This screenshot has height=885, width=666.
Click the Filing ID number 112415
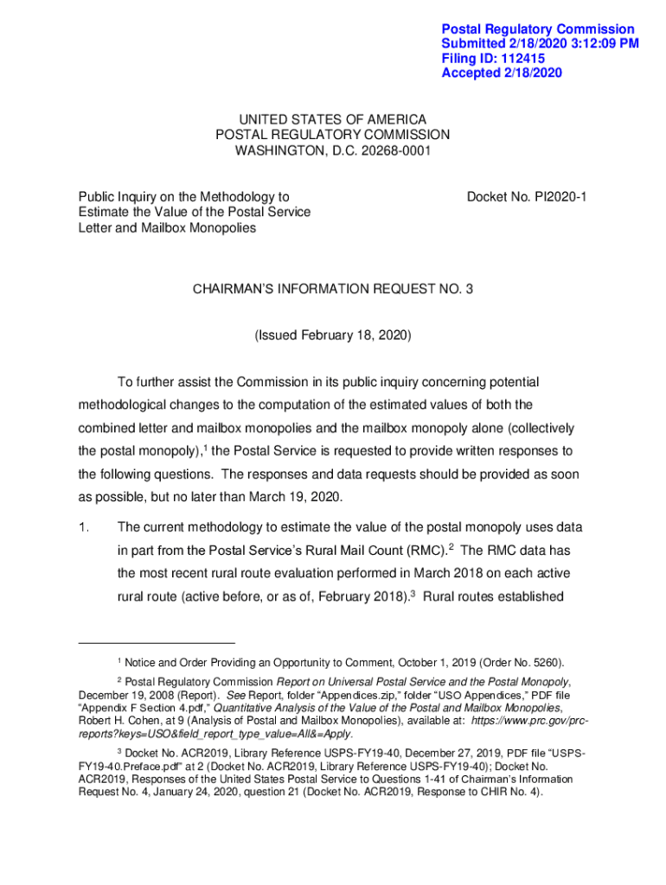click(522, 58)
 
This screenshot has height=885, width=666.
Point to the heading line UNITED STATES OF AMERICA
click(333, 119)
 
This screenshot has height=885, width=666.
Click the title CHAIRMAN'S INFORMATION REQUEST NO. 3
click(333, 290)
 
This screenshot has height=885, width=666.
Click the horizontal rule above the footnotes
click(157, 643)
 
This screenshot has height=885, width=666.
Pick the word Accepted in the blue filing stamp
click(471, 73)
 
